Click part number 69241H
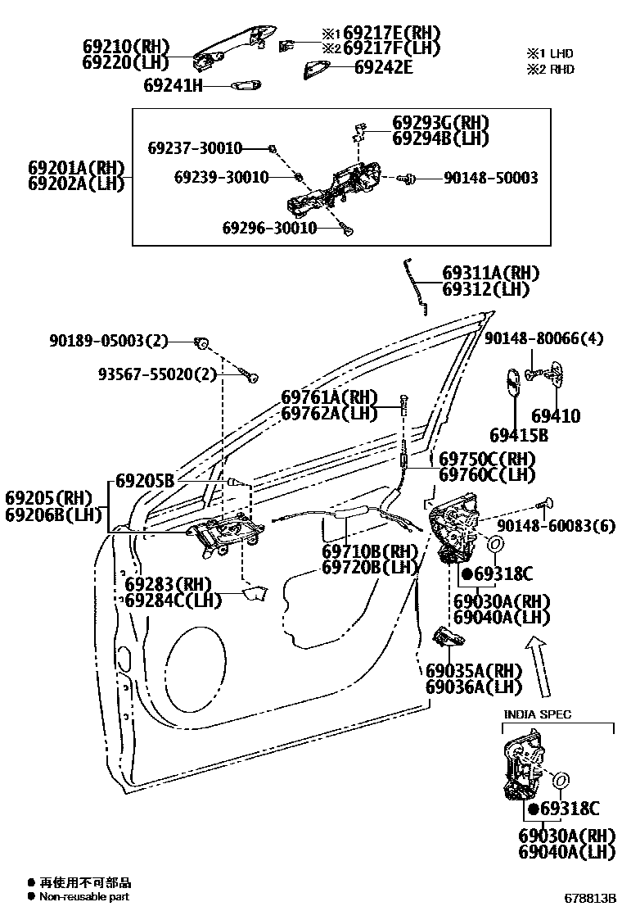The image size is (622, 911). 173,85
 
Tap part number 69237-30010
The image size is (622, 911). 195,148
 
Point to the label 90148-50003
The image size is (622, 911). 491,178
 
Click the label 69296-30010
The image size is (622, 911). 269,228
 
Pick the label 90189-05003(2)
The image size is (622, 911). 119,341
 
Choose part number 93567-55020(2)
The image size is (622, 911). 158,374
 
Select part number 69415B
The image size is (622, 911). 519,435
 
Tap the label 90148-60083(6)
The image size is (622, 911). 556,526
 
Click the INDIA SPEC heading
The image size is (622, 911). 537,714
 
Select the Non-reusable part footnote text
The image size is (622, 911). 84,897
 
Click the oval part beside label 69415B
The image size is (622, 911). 511,383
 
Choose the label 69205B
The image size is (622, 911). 144,481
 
